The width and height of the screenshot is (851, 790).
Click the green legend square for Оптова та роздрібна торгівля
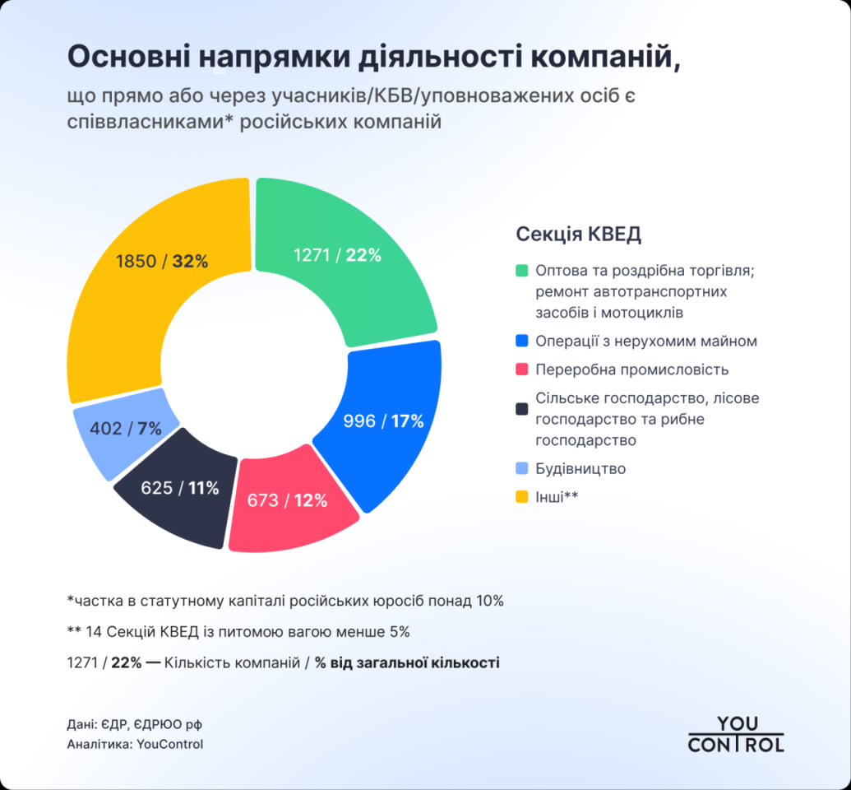[521, 271]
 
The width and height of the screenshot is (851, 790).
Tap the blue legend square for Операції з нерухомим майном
[521, 342]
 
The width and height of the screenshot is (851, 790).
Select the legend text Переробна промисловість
[631, 369]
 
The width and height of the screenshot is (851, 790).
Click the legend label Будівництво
[580, 469]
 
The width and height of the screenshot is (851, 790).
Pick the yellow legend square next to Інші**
[521, 497]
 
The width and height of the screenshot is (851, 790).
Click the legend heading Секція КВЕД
[579, 235]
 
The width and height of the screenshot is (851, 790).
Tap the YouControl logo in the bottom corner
[736, 734]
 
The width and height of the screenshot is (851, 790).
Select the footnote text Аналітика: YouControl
[135, 745]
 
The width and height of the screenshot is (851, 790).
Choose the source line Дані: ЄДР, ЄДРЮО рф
[135, 725]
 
